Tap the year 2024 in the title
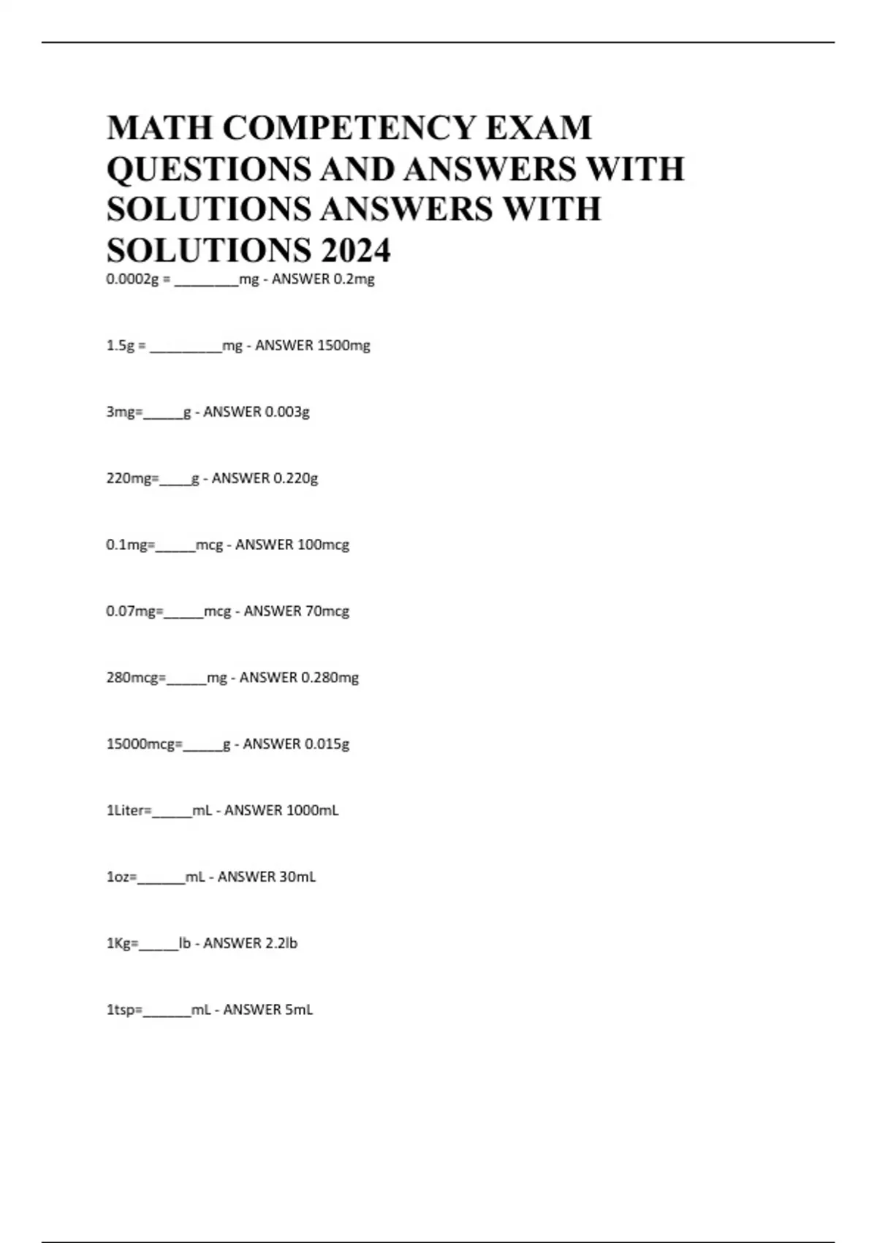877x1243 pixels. (x=355, y=251)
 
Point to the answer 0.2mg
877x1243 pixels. (x=354, y=279)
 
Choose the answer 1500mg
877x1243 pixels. (x=343, y=346)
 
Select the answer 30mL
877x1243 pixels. (x=286, y=877)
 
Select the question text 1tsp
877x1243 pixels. (x=121, y=1010)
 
